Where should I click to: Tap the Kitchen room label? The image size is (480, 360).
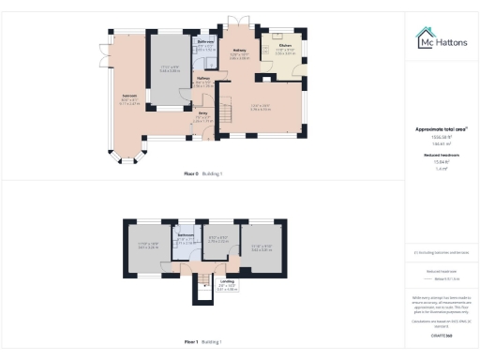point(285,46)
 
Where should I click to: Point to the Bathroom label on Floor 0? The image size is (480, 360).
point(207,42)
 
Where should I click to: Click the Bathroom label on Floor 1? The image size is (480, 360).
point(186,234)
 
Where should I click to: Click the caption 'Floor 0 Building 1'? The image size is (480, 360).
point(209,174)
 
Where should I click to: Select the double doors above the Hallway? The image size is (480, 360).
point(240,21)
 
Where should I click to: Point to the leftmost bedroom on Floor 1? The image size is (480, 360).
point(148,247)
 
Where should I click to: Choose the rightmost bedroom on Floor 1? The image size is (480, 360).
point(262,247)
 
